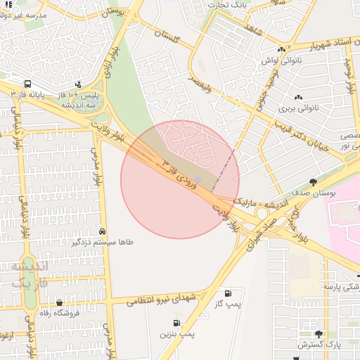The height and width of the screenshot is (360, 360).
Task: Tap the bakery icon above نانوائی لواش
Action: click(282, 49)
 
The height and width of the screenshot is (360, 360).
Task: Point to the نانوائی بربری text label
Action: click(298, 108)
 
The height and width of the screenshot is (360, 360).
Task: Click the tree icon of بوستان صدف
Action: click(314, 182)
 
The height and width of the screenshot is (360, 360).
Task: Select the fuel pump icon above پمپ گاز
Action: click(227, 293)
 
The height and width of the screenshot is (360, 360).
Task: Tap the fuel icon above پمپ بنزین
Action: click(176, 323)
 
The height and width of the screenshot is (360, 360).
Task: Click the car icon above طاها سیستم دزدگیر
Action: click(103, 231)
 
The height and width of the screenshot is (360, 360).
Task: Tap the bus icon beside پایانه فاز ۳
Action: click(27, 84)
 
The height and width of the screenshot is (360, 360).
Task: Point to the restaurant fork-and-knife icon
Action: click(9, 4)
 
